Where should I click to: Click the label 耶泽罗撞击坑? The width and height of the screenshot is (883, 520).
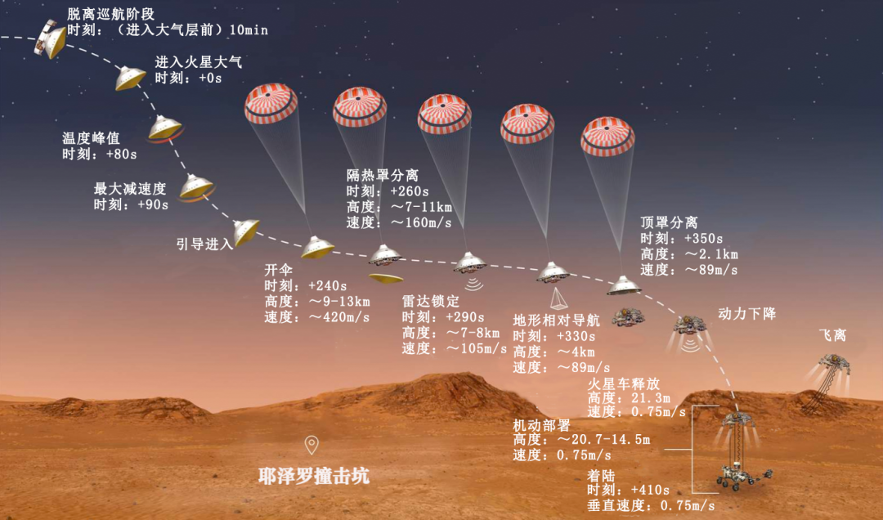(307, 476)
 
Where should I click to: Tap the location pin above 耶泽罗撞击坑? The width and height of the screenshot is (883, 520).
(312, 445)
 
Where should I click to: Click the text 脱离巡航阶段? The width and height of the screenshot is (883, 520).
(110, 14)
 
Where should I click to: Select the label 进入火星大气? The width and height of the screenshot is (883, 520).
(199, 62)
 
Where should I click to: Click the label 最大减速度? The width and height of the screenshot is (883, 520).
(130, 189)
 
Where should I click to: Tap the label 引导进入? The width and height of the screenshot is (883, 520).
(204, 244)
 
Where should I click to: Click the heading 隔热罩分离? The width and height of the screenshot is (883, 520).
(382, 175)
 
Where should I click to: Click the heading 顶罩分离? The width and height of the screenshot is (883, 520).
(669, 222)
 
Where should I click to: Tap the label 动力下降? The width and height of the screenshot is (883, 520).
(746, 313)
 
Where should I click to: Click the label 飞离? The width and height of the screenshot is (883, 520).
(832, 335)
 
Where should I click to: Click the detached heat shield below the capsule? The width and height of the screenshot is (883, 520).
(385, 278)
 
